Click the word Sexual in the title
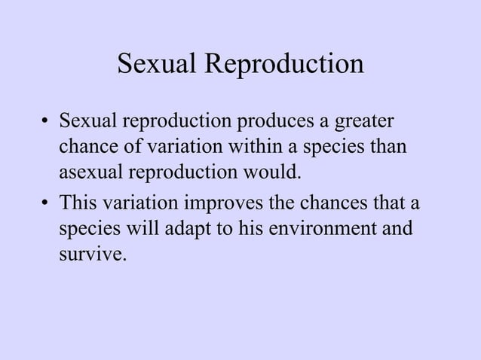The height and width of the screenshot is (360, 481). pyautogui.click(x=155, y=65)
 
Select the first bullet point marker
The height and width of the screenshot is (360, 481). pyautogui.click(x=46, y=121)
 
